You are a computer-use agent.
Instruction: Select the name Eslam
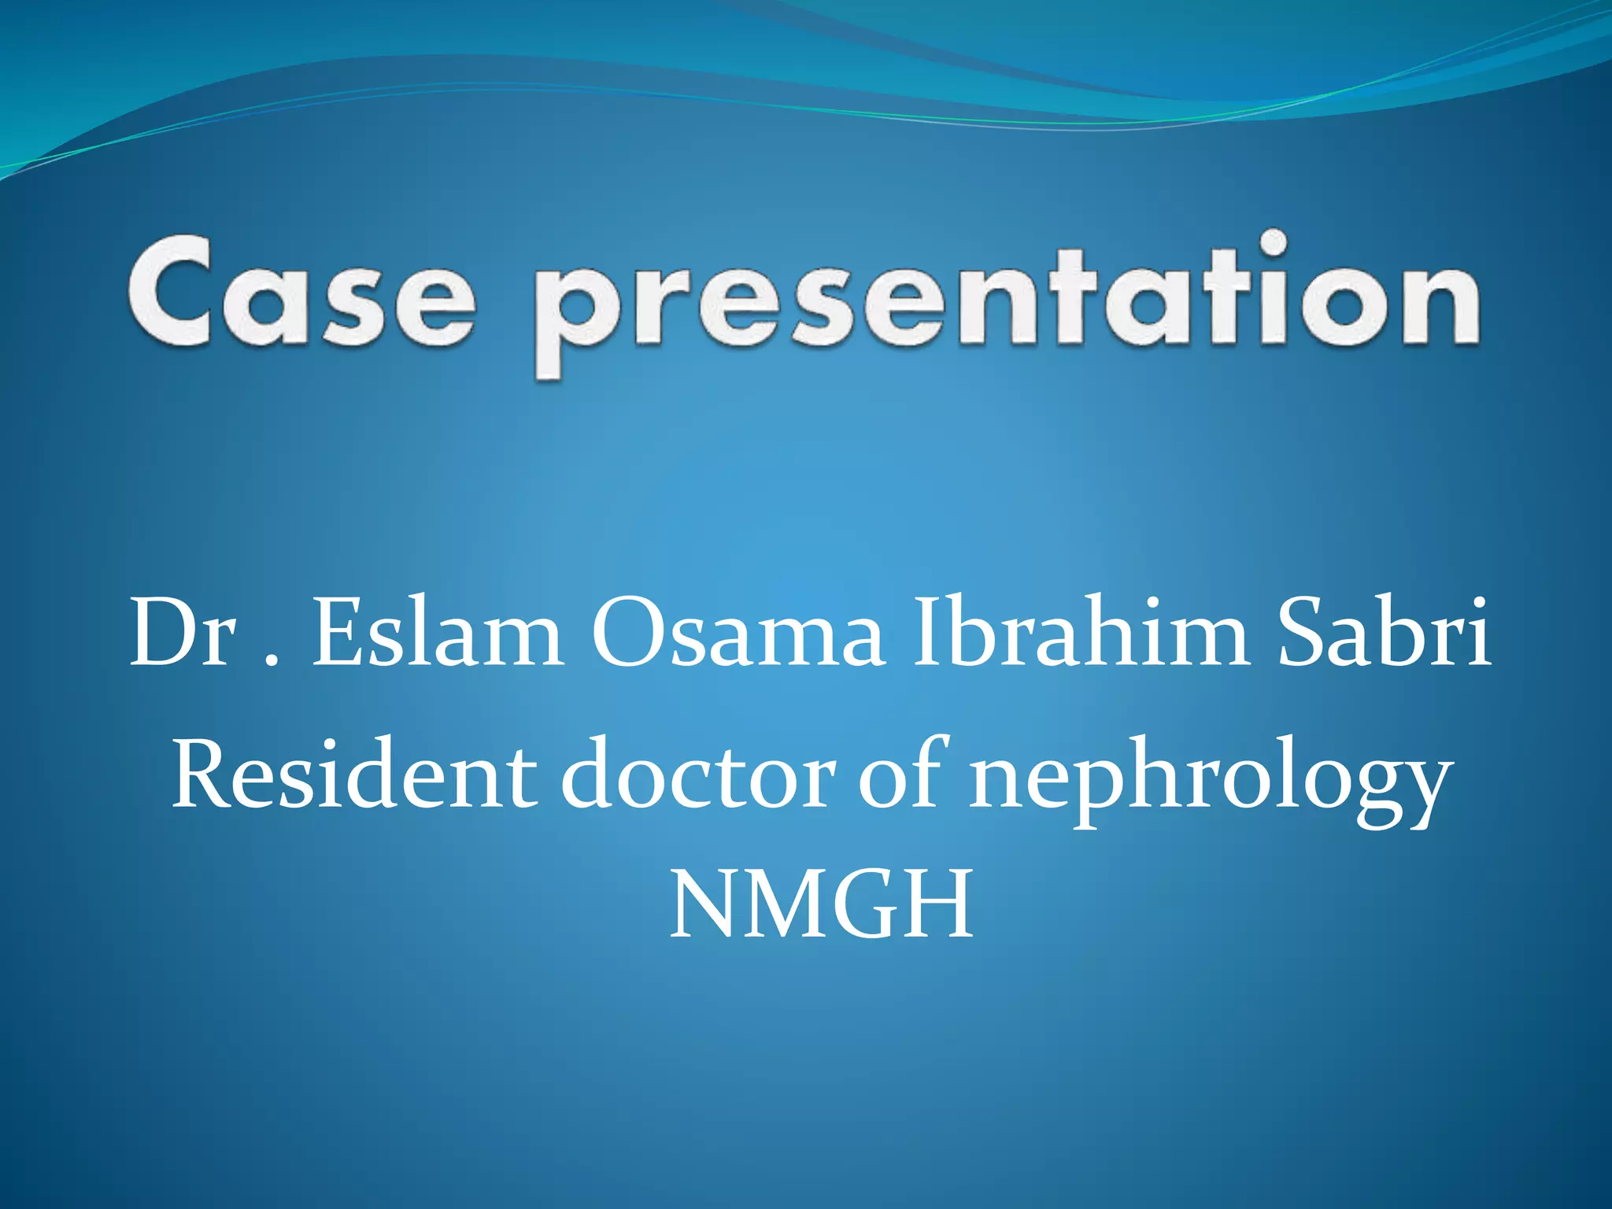pos(438,634)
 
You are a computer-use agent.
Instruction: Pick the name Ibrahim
pos(1080,634)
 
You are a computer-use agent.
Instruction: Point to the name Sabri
pos(1384,634)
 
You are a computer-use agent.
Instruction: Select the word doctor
pos(697,775)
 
